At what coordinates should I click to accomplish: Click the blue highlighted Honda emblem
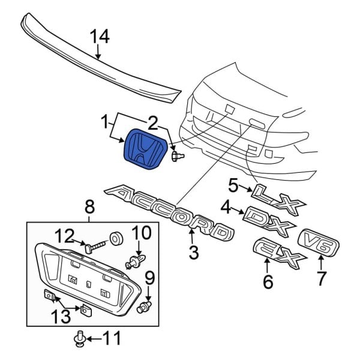145,153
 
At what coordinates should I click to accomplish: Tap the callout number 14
100,38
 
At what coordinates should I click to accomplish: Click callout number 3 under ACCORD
193,253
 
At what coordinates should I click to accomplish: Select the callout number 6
268,281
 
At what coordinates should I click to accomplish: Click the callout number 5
233,185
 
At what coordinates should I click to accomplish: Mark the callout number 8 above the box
89,207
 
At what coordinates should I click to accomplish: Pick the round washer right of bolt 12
117,238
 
